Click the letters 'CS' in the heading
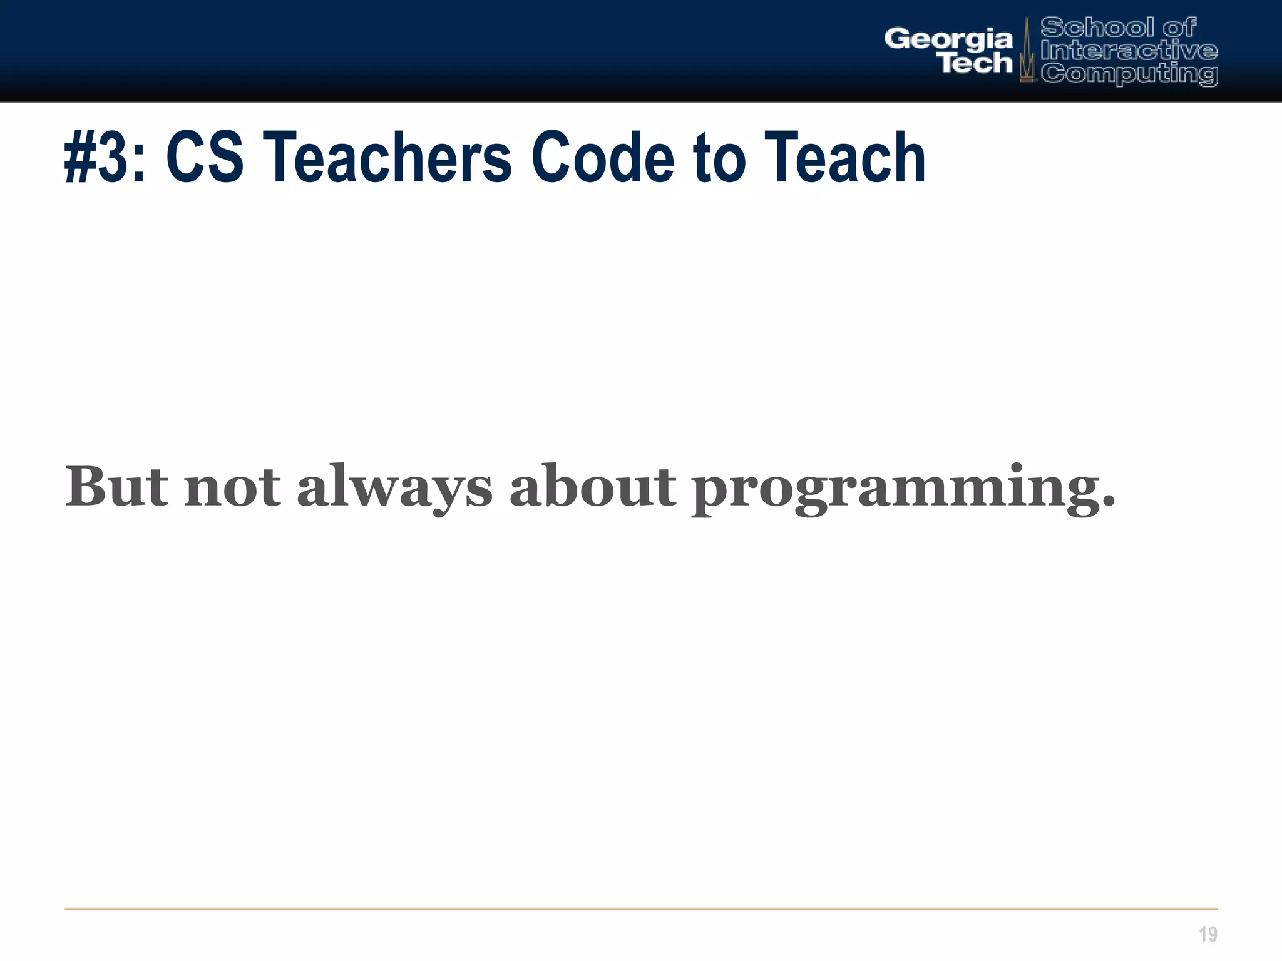[205, 158]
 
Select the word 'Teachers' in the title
[387, 158]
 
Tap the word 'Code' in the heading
[602, 158]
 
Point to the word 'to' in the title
[719, 158]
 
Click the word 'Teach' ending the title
[844, 158]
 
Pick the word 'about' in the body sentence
[593, 487]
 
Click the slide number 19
[1208, 934]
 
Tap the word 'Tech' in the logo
[976, 63]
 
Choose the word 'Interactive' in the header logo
[1129, 50]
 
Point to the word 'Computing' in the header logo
[1129, 74]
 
